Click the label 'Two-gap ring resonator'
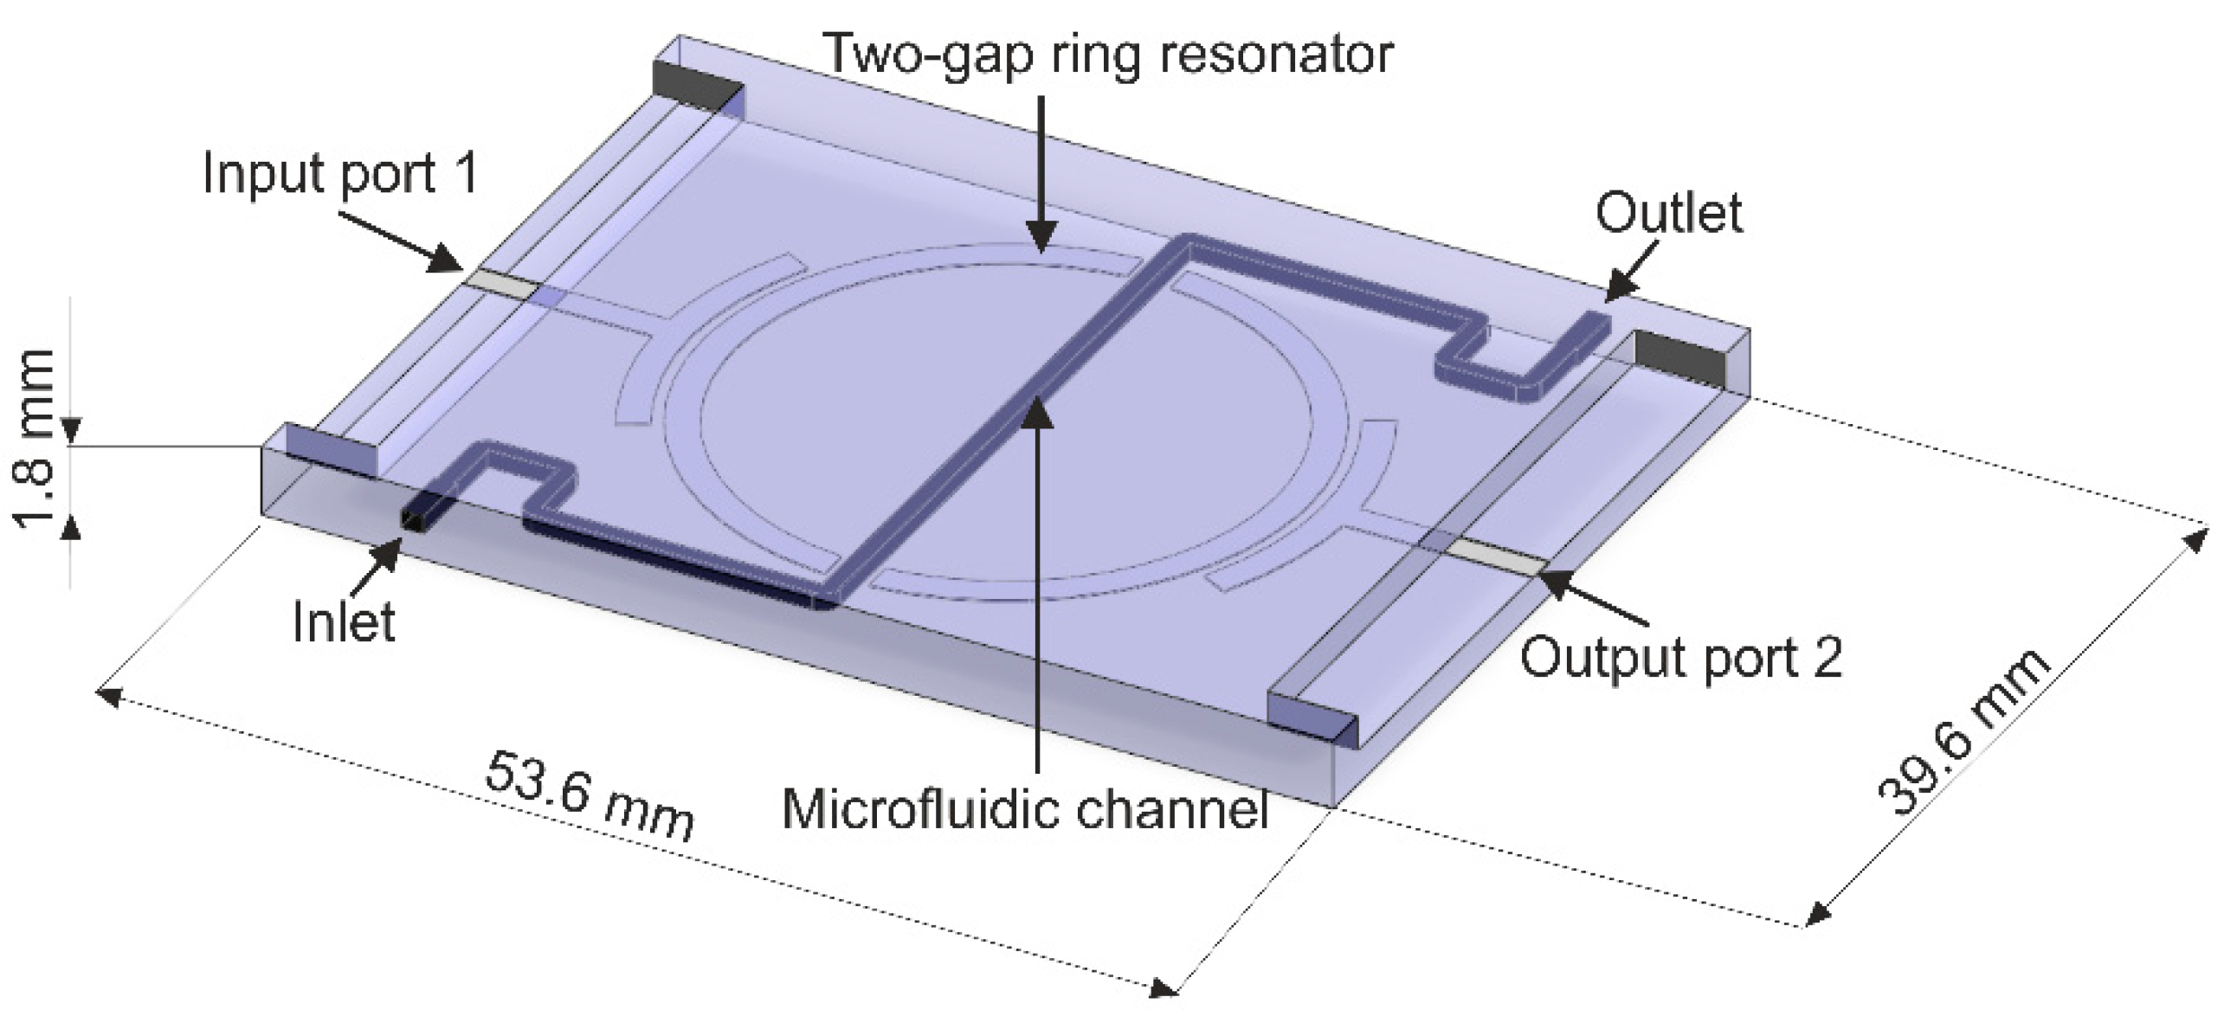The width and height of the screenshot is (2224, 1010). [1107, 54]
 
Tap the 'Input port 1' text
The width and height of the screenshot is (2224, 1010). [339, 173]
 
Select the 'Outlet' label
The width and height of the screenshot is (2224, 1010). [1668, 213]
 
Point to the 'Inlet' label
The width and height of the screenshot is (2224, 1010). [344, 621]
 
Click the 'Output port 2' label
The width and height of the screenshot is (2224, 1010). [1681, 658]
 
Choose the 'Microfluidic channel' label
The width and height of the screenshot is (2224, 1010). [1025, 809]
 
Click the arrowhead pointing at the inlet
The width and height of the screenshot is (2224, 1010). [390, 552]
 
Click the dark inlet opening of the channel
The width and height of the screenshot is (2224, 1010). [416, 518]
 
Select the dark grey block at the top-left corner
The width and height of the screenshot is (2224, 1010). [698, 87]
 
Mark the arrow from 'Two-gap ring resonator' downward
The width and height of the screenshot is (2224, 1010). [1041, 173]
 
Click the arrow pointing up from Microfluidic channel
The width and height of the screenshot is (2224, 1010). [1038, 589]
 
